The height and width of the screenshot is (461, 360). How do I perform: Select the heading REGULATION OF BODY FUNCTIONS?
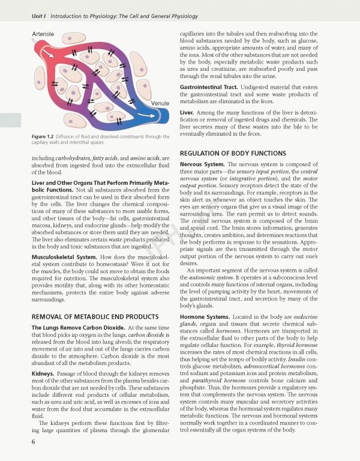coord(229,153)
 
